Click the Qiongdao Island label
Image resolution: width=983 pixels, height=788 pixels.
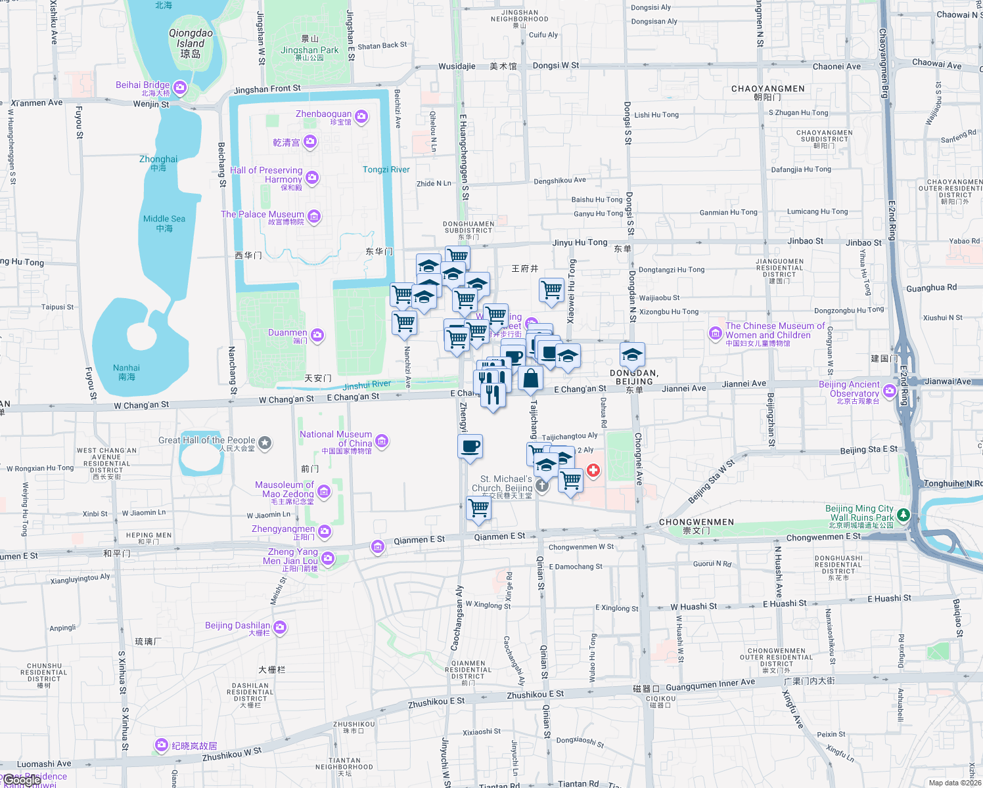point(191,43)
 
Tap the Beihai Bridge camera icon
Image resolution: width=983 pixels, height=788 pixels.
point(180,87)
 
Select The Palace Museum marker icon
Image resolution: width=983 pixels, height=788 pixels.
point(314,217)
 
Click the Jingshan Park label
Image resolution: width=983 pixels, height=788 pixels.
point(309,50)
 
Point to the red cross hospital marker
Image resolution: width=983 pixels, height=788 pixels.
point(593,470)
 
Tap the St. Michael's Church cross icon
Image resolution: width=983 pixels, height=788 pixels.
point(541,485)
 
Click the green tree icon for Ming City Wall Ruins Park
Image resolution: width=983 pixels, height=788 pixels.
point(903,514)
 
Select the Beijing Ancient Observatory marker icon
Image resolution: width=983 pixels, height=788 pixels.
point(890,391)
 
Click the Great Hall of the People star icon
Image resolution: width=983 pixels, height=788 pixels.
point(265,443)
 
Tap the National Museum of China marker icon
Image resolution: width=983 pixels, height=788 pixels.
point(382,441)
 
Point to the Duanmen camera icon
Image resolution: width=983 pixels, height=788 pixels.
point(317,336)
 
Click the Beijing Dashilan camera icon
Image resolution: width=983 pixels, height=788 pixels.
point(280,627)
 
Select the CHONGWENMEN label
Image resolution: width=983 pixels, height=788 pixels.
point(696,523)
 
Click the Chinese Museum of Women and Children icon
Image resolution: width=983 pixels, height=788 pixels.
point(715,333)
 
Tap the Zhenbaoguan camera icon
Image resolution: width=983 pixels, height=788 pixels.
point(361,117)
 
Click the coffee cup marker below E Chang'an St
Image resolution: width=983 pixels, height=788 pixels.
point(470,447)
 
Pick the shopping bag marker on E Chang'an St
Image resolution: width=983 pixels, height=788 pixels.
point(530,379)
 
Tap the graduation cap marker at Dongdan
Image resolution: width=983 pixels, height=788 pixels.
point(632,355)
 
